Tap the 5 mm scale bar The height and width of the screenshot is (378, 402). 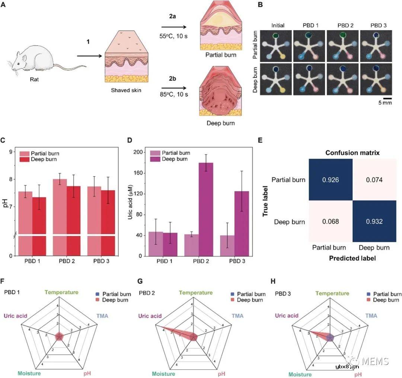pyautogui.click(x=387, y=98)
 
